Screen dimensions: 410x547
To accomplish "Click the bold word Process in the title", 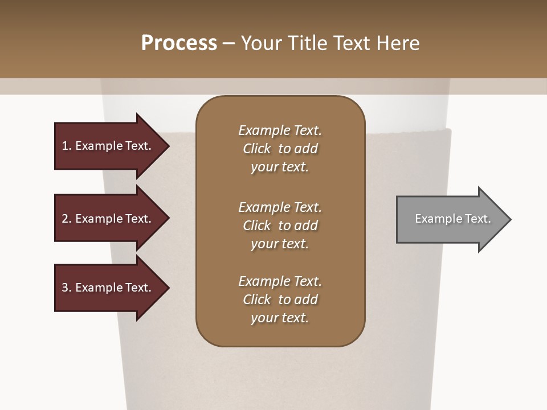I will pyautogui.click(x=179, y=43).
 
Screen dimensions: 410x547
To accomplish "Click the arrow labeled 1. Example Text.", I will pyautogui.click(x=108, y=146).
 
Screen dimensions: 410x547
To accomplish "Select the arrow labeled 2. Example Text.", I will pyautogui.click(x=108, y=219).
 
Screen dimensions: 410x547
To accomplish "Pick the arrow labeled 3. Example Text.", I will pyautogui.click(x=108, y=288).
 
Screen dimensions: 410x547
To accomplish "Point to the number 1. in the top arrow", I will pyautogui.click(x=67, y=146).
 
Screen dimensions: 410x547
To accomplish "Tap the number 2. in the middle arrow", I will pyautogui.click(x=67, y=219).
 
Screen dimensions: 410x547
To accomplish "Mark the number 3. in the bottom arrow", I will pyautogui.click(x=67, y=288).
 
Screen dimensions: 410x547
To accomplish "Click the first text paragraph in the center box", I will pyautogui.click(x=280, y=149).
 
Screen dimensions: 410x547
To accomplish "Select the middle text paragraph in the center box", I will pyautogui.click(x=280, y=225).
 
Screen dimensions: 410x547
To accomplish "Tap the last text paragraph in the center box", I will pyautogui.click(x=280, y=300).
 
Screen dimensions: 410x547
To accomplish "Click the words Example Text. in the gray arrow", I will pyautogui.click(x=453, y=219).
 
